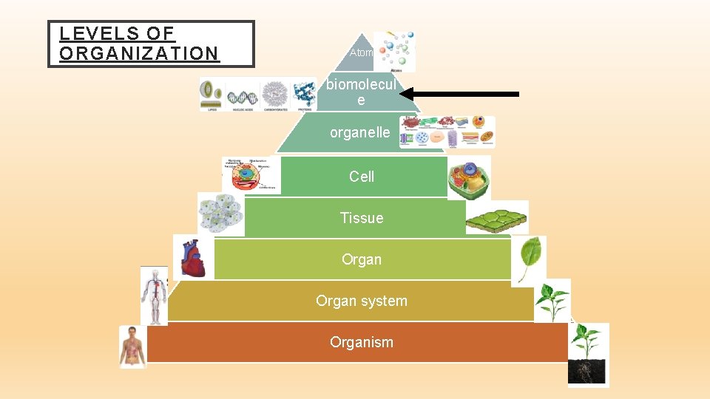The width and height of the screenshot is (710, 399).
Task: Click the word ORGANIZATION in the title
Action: (x=139, y=53)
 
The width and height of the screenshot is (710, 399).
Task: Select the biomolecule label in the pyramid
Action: (x=361, y=92)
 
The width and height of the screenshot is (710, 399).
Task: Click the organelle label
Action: (x=359, y=133)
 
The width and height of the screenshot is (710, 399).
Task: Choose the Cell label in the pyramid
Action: (x=362, y=176)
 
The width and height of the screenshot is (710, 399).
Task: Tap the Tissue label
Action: (x=362, y=217)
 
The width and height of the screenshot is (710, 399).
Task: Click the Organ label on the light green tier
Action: (x=362, y=259)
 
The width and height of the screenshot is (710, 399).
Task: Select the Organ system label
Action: (x=362, y=301)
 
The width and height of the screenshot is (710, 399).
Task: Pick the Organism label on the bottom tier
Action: (x=362, y=342)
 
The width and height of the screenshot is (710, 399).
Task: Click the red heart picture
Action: (x=193, y=258)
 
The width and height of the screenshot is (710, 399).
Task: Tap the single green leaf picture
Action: (x=529, y=259)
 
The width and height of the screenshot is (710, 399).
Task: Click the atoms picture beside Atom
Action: (x=394, y=51)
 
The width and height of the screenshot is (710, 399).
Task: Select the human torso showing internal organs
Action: (x=133, y=346)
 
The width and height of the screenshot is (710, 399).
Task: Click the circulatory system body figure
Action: (x=154, y=296)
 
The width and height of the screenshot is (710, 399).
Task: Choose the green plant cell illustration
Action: (x=469, y=177)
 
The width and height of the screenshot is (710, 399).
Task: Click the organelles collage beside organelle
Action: (x=447, y=132)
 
